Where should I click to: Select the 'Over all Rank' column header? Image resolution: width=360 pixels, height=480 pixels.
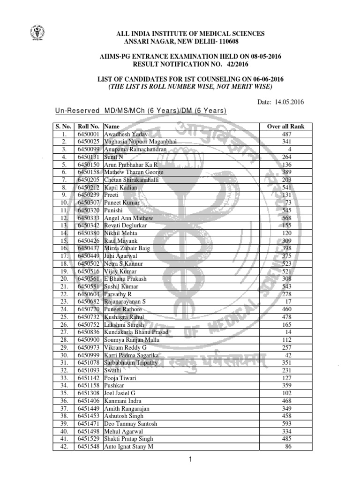[285, 127]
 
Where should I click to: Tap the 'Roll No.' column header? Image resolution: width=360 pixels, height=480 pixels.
[89, 127]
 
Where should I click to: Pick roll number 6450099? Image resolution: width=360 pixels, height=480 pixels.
[89, 149]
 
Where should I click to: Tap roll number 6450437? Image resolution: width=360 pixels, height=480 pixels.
[89, 248]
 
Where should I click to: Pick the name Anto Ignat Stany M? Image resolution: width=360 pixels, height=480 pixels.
[128, 446]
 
